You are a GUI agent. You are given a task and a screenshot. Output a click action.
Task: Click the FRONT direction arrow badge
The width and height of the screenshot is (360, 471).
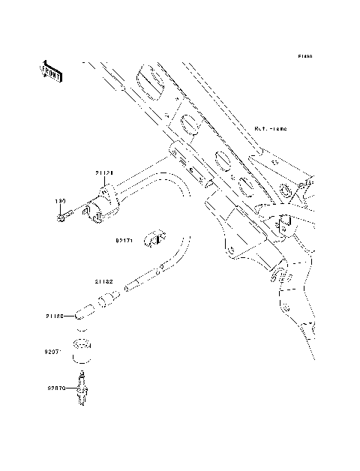(x=50, y=71)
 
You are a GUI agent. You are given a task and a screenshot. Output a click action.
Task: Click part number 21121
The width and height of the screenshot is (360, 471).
(x=103, y=172)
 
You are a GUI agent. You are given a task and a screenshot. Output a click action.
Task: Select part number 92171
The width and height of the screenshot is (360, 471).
(x=124, y=241)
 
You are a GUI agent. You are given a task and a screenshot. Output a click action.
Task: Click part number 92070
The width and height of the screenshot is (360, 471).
(x=58, y=388)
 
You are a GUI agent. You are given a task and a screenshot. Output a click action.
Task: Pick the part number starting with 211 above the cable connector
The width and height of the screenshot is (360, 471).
(x=103, y=281)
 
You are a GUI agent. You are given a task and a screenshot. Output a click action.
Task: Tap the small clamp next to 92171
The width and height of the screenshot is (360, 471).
(x=156, y=238)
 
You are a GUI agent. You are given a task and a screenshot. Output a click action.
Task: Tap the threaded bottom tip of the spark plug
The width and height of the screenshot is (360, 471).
(x=80, y=403)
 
